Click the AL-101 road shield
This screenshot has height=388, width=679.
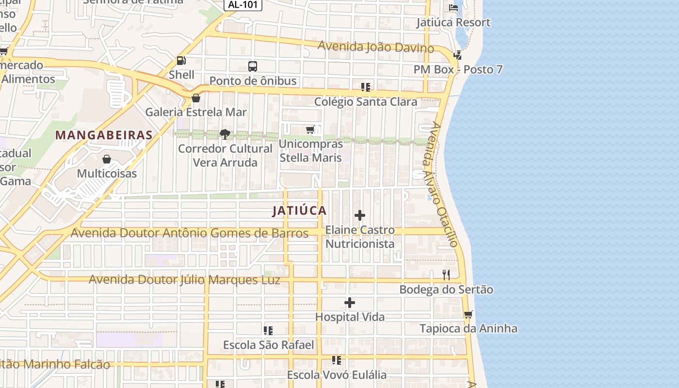click(x=243, y=4)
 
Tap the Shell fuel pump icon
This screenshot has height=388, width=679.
click(x=181, y=61)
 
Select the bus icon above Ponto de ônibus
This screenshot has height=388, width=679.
click(x=252, y=66)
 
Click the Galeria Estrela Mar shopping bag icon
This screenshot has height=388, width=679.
click(x=196, y=98)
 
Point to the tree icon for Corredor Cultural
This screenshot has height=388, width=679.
click(x=225, y=134)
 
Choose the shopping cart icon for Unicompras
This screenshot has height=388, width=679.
click(x=310, y=129)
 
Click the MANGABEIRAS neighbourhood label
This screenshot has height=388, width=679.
click(x=104, y=135)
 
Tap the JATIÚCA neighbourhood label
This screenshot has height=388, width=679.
click(x=299, y=210)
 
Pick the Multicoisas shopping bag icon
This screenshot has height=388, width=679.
click(x=107, y=159)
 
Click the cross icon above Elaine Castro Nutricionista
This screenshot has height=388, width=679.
click(x=360, y=215)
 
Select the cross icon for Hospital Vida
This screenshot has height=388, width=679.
click(x=350, y=303)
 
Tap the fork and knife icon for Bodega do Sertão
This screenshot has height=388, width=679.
click(x=446, y=275)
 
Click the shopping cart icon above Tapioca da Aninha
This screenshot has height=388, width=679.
click(x=468, y=314)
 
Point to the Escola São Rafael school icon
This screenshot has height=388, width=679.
click(x=268, y=331)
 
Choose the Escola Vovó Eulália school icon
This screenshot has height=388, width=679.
click(x=337, y=360)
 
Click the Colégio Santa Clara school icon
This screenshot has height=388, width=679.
click(x=366, y=87)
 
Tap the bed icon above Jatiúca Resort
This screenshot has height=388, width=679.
click(x=453, y=7)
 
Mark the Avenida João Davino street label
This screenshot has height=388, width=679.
click(x=376, y=47)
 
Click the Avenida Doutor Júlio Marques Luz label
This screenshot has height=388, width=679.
click(x=184, y=280)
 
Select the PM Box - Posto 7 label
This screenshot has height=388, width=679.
click(x=458, y=69)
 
